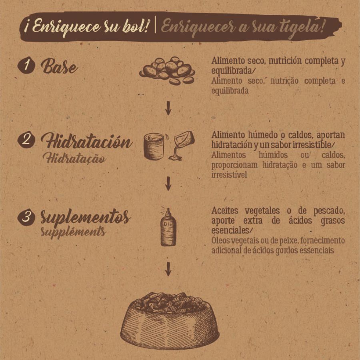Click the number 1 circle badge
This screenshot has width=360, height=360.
pos(26,65)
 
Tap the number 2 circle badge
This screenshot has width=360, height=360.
pos(26,139)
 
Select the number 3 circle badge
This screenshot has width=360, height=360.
pos(26,216)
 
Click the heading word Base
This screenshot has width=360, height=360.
pos(59,66)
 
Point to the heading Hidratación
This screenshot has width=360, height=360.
pos(87,140)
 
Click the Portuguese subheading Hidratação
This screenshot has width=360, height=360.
pos(74,158)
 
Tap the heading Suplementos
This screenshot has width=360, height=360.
pos(86,217)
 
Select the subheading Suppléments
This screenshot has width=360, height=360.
pos(73,232)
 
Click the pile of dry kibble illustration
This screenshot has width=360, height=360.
pos(167,71)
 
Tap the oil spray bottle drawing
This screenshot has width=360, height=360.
pos(168,227)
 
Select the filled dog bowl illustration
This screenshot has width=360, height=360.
pos(170,320)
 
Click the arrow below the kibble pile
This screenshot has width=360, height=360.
pos(168,108)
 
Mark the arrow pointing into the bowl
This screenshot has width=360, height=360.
pos(168,269)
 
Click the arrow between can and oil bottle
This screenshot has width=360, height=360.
pos(168,183)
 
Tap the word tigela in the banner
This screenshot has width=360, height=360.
pos(298,27)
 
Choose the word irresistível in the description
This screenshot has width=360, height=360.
pos(229,174)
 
